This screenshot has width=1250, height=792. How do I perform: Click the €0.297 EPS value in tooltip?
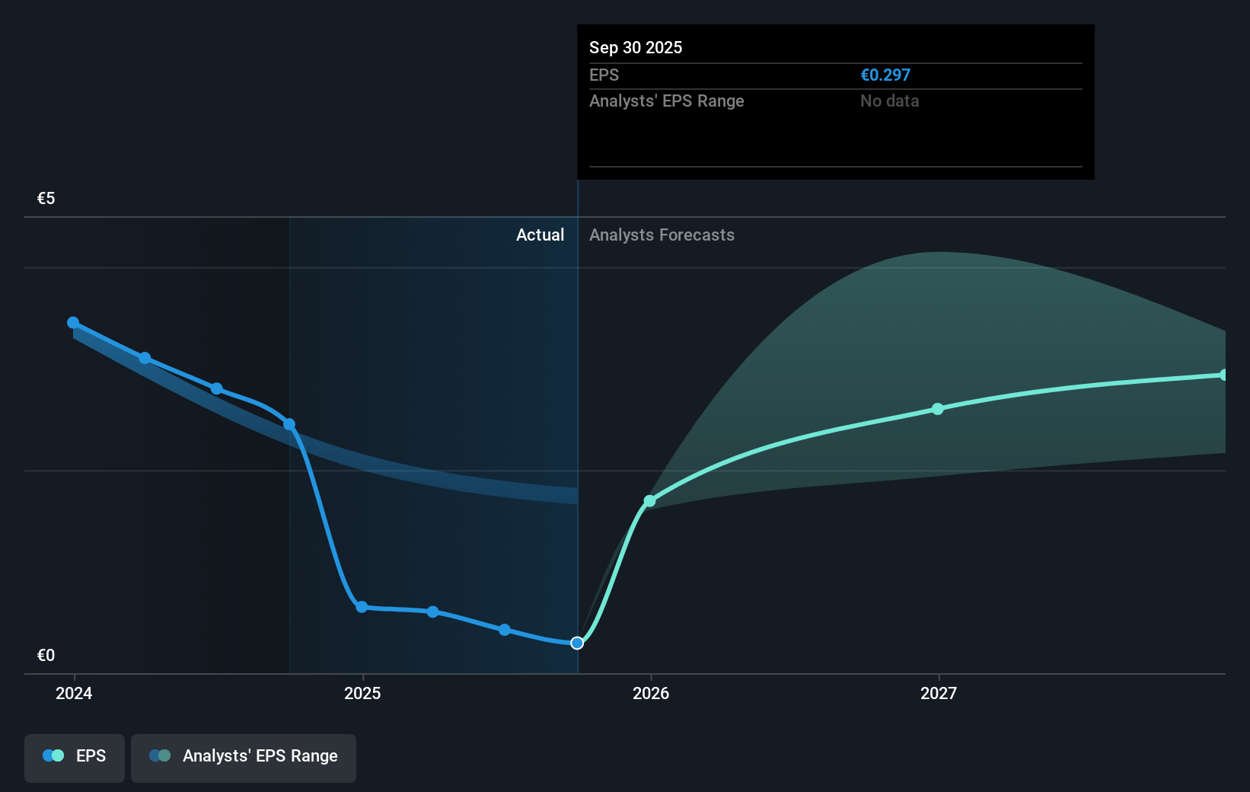[885, 75]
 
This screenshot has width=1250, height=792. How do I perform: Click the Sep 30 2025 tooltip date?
[635, 47]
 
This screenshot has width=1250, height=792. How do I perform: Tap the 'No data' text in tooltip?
[889, 101]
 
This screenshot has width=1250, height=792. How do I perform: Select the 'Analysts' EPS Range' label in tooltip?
[666, 101]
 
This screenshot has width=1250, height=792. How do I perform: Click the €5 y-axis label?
[46, 199]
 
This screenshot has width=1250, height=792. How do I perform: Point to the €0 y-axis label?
[46, 655]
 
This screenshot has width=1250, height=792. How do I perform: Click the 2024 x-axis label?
[74, 693]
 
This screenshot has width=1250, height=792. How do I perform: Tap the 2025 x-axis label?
[362, 693]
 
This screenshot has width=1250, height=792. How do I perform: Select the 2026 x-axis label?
[651, 693]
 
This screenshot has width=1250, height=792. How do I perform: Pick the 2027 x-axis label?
[938, 693]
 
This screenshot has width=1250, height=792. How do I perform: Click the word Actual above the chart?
[540, 235]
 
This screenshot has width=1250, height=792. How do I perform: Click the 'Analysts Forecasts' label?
[662, 235]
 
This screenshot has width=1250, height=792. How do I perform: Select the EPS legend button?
[75, 757]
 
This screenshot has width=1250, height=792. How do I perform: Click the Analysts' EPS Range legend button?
[244, 757]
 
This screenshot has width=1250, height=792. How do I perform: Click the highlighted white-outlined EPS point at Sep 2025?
[577, 643]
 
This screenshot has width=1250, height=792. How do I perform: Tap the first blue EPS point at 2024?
[73, 323]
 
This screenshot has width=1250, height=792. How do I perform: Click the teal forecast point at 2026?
[649, 501]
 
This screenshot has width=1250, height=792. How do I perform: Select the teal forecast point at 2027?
[938, 409]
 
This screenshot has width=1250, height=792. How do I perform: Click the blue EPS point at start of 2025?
[362, 607]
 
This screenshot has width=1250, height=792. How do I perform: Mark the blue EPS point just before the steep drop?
[289, 424]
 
